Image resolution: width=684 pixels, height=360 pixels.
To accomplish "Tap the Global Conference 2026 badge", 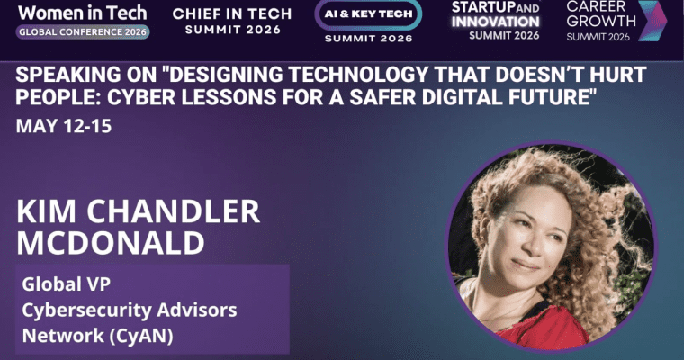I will coord(83,31).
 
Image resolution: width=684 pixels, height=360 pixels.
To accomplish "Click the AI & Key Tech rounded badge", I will coord(367,16).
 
